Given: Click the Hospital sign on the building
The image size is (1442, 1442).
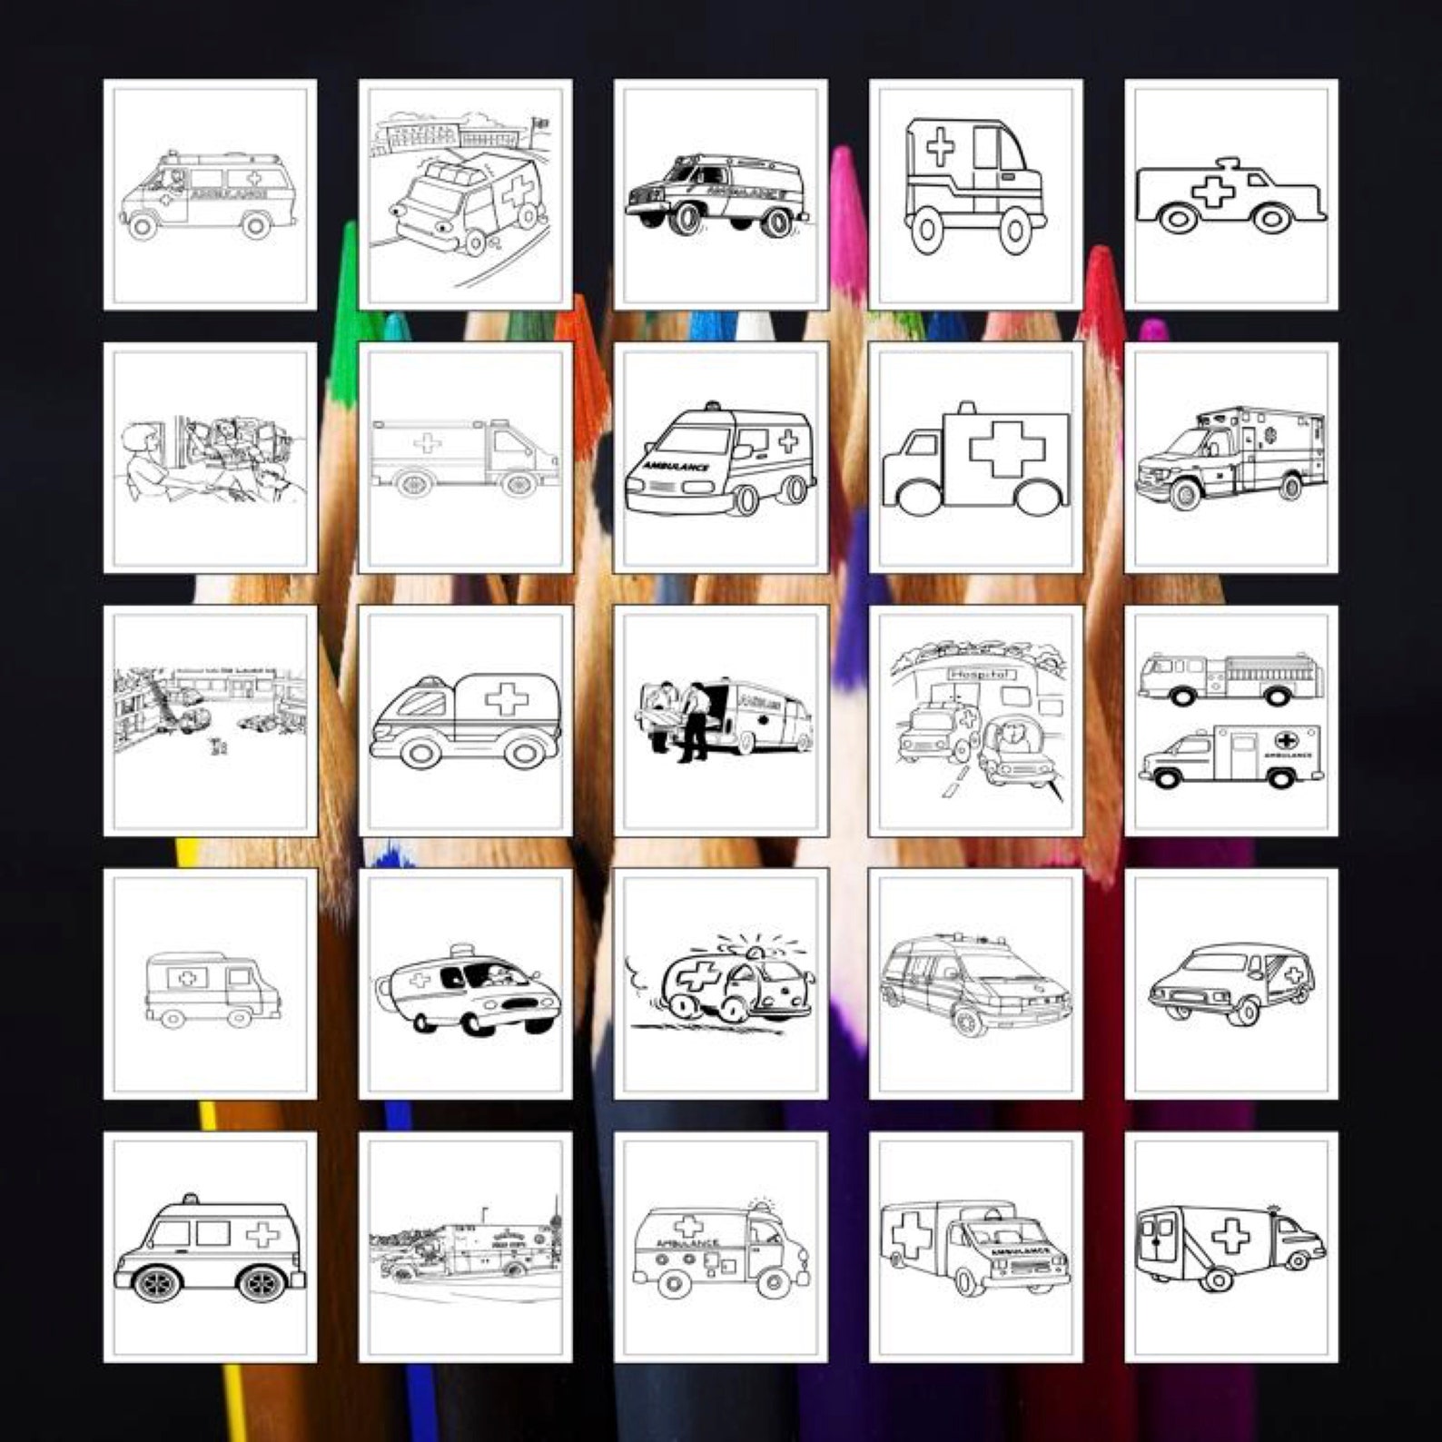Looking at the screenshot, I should (x=979, y=674).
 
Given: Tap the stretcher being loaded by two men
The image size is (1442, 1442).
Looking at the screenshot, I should (x=659, y=717).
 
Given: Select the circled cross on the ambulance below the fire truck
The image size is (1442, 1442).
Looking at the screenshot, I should (x=1286, y=739).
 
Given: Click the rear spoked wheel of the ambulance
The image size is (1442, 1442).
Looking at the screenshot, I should (x=262, y=1283).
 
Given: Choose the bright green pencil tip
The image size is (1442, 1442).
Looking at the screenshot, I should (x=345, y=272).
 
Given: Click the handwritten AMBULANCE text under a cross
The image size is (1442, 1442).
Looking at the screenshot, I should (x=688, y=1243).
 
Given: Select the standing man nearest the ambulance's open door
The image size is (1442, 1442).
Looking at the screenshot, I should (x=694, y=722).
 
